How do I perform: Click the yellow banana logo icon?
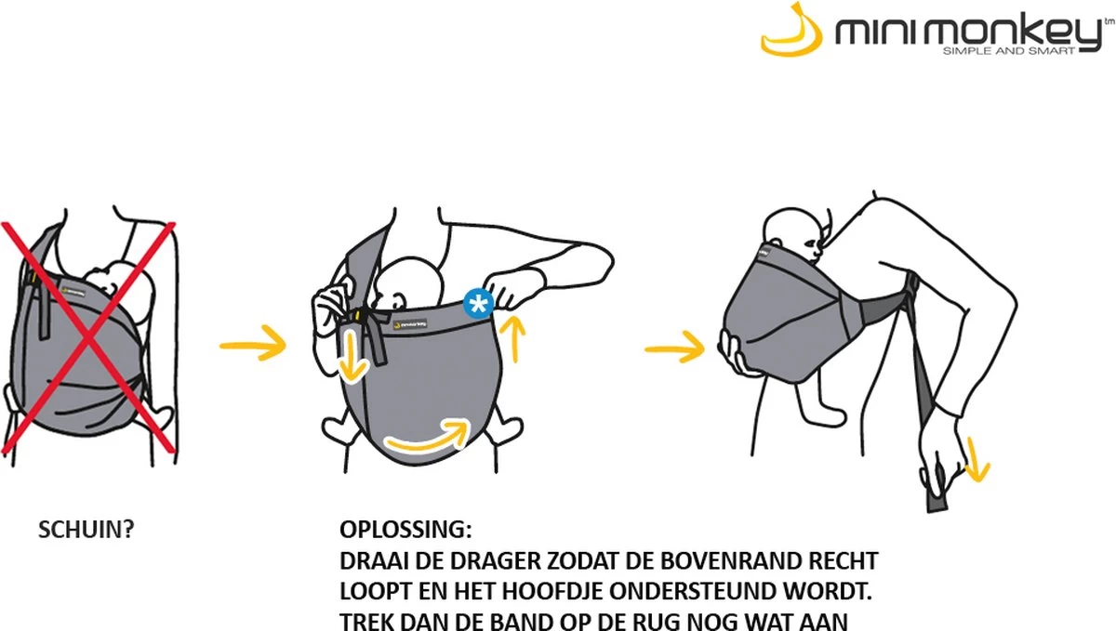click(793, 32)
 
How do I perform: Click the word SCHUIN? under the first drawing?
click(85, 531)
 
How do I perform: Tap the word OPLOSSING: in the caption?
click(406, 531)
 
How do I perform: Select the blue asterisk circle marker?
click(477, 302)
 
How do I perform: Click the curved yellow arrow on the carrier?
click(428, 440)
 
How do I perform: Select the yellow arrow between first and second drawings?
click(251, 346)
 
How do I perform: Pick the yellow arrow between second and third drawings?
click(674, 350)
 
